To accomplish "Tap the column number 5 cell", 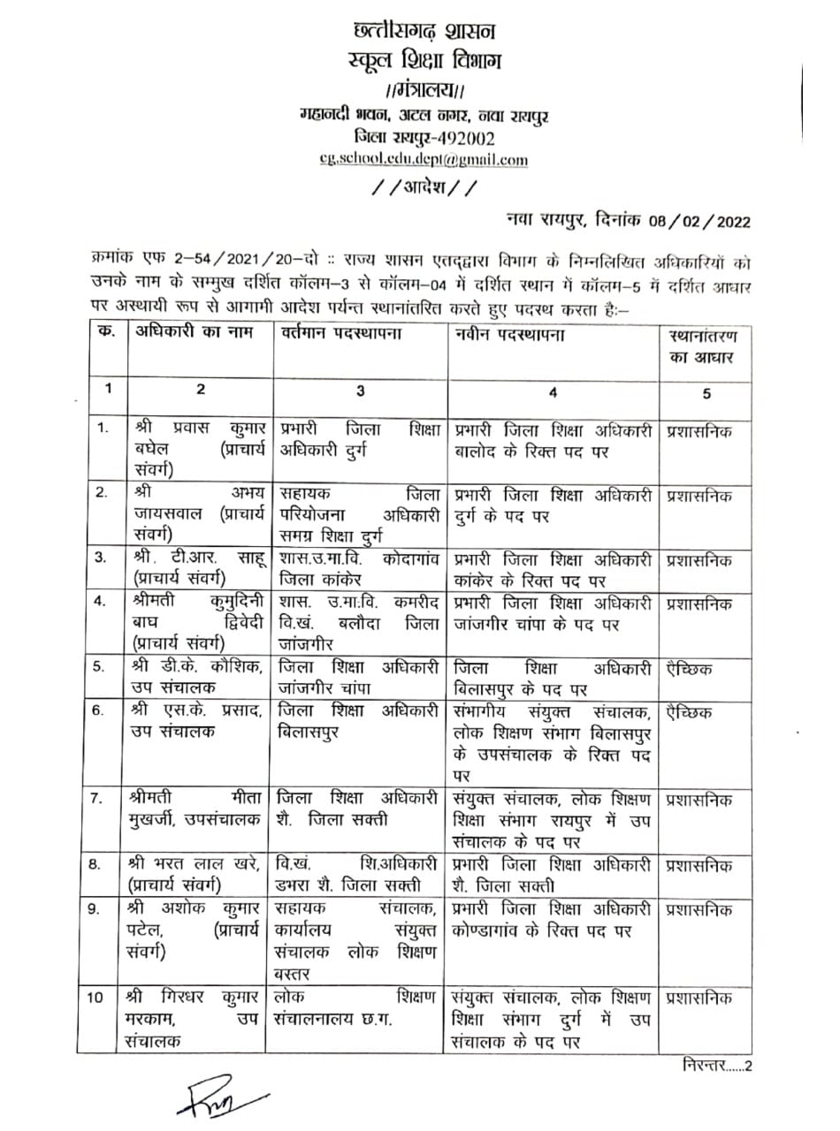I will tap(705, 393).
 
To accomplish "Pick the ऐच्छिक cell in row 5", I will tap(691, 666).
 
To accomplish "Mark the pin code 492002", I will tap(461, 138).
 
